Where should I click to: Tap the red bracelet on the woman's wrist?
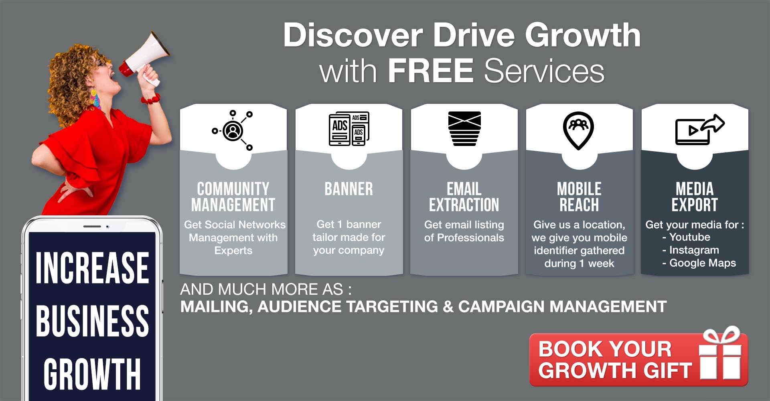(151, 99)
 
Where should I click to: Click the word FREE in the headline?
(431, 71)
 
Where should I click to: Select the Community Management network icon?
(233, 130)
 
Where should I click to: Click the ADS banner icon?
(349, 128)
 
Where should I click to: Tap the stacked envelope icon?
(464, 128)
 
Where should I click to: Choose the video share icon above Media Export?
(700, 130)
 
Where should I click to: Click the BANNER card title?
(349, 189)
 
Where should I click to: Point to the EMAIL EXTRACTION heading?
(464, 197)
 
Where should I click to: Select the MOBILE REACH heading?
(579, 197)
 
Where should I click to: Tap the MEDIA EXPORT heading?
(695, 197)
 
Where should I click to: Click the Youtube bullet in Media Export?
(686, 237)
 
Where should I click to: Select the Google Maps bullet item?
(699, 263)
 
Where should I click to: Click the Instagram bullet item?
(691, 250)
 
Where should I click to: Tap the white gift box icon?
(720, 353)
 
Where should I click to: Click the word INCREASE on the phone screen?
(92, 268)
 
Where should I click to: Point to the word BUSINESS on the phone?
(92, 321)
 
